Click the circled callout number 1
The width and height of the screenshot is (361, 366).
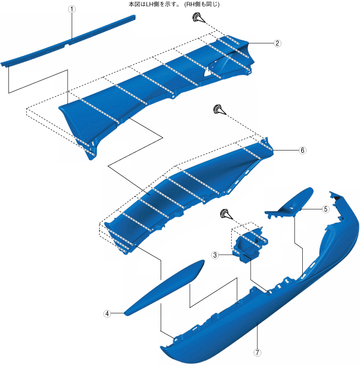[71, 10]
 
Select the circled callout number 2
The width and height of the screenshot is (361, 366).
[277, 43]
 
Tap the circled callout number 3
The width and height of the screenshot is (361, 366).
[214, 255]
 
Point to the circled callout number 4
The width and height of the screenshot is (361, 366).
[106, 314]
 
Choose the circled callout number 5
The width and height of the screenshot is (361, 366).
[325, 209]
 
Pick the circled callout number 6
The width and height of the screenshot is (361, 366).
[302, 151]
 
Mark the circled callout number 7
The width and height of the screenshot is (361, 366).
[257, 353]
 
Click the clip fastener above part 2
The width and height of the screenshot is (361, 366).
[196, 19]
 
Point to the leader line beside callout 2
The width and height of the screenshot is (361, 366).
[260, 43]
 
